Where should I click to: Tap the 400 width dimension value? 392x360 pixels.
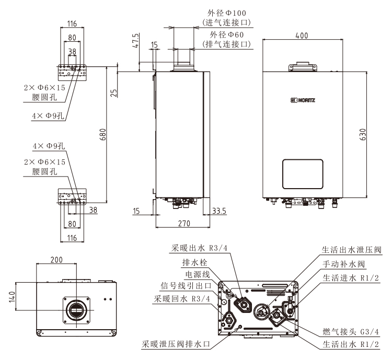301,36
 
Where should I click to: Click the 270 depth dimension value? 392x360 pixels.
182,223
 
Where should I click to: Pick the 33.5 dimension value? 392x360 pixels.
220,211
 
